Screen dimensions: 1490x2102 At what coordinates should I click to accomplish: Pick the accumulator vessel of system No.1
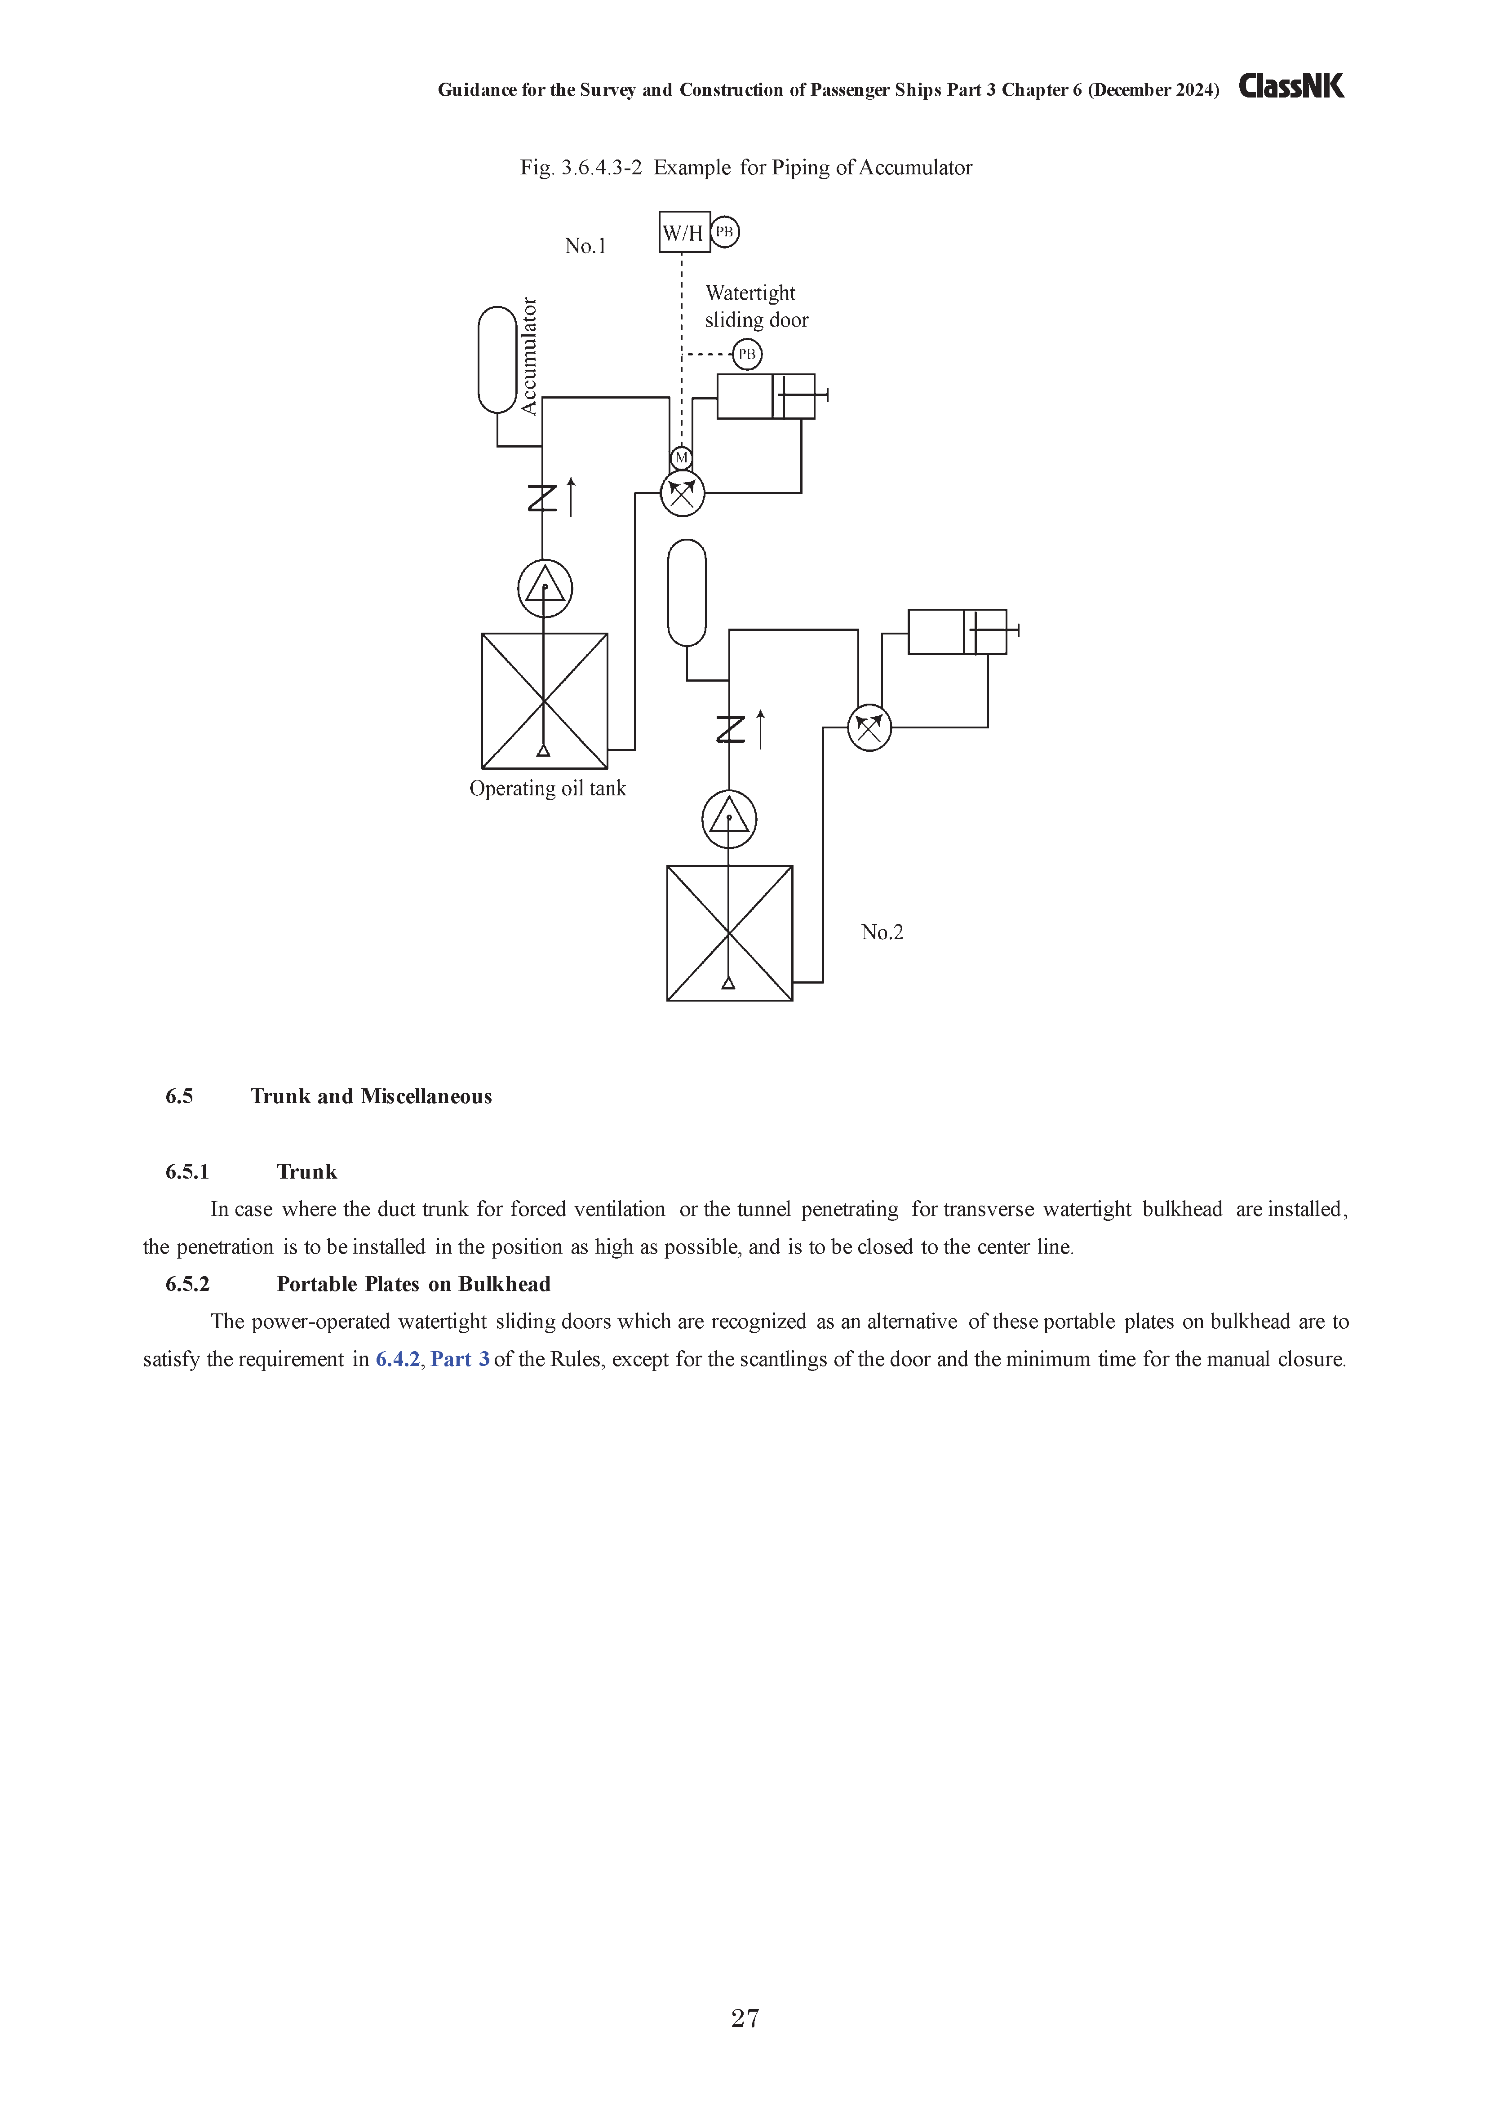coord(497,359)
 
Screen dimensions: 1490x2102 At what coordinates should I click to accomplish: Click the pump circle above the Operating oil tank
coord(545,588)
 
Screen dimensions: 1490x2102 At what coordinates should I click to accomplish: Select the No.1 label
coord(585,246)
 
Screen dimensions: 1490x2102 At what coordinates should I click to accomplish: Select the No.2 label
coord(882,932)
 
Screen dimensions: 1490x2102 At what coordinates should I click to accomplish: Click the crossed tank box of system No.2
coord(729,933)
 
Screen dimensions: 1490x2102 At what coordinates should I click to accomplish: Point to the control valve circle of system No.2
coord(869,727)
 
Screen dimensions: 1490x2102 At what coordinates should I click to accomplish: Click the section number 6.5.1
coord(187,1172)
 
